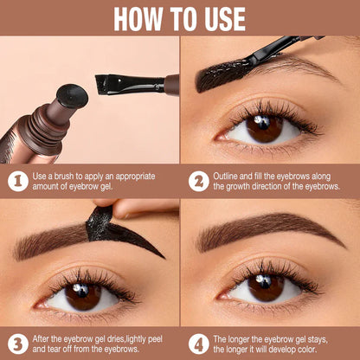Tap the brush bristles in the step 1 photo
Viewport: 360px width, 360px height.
pyautogui.click(x=112, y=85)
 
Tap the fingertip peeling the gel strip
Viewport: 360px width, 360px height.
pyautogui.click(x=121, y=209)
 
